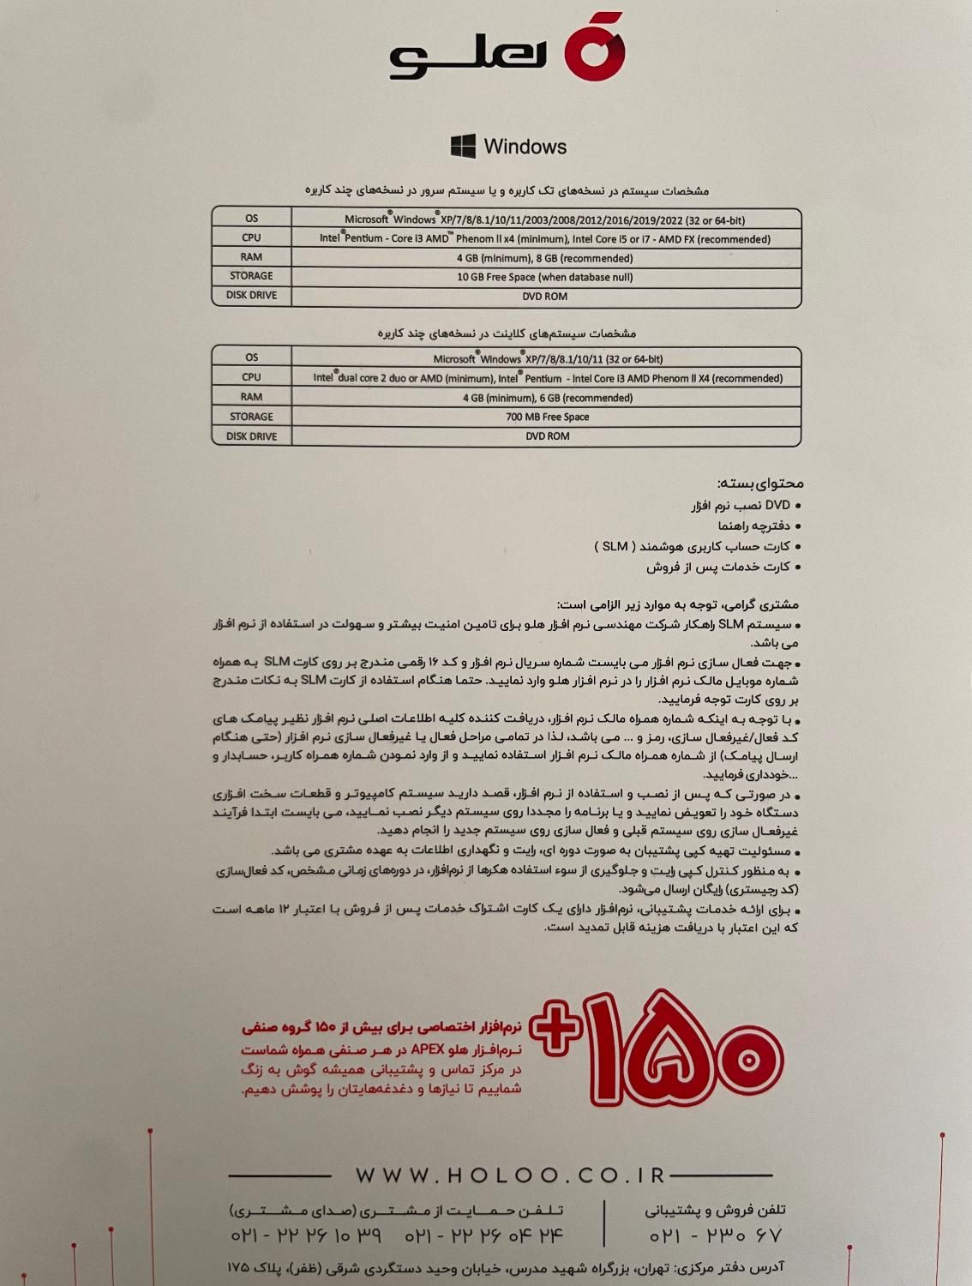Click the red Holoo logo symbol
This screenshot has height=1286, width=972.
[x=594, y=50]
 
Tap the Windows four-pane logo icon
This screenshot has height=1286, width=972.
[x=463, y=146]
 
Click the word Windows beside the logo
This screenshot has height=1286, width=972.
[x=525, y=147]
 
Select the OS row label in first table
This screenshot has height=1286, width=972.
[x=251, y=219]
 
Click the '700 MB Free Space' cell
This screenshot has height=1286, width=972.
[x=547, y=417]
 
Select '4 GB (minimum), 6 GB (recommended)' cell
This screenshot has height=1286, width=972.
[x=547, y=398]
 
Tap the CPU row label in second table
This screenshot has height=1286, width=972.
[x=251, y=377]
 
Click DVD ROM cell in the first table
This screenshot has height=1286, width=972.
[x=545, y=297]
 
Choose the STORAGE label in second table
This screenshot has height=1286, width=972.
[x=251, y=417]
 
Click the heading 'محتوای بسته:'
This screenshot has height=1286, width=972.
[x=760, y=484]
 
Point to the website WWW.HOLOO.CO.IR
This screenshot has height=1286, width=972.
[x=511, y=1175]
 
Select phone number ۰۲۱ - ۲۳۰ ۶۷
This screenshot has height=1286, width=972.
[x=716, y=1236]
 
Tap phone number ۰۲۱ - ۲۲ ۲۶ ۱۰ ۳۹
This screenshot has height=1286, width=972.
[x=306, y=1236]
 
